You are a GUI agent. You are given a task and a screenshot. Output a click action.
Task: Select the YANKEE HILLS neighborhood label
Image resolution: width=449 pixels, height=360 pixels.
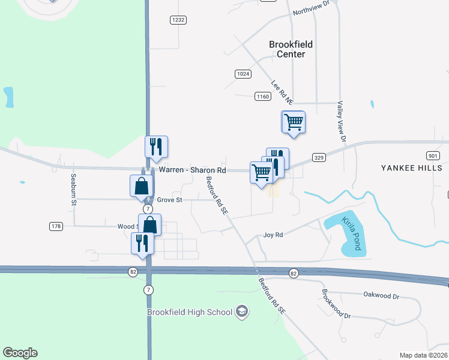coord(411,168)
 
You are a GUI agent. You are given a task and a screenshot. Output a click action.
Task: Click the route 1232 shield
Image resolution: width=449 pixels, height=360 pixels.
coord(178,20)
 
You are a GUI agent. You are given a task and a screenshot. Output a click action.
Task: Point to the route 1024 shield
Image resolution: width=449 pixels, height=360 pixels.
coord(243,73)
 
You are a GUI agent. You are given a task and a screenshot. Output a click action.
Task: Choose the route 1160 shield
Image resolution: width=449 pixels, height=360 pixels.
coord(262,96)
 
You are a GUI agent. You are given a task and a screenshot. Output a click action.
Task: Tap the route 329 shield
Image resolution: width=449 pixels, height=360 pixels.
coord(319,158)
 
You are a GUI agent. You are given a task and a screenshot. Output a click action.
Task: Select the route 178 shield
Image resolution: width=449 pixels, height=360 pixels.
coord(56,226)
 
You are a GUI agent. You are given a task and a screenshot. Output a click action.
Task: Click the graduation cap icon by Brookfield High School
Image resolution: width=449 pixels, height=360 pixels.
coord(241,311)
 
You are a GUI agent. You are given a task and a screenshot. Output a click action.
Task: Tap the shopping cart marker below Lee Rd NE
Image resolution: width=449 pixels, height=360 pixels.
coord(294,122)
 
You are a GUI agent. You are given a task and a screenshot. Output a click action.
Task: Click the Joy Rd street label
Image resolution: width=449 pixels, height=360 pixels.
coord(273,235)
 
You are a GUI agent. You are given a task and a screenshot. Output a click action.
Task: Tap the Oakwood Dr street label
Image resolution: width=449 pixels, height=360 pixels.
coord(381,295)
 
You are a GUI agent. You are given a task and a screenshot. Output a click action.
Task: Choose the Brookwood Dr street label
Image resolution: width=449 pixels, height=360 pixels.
coord(336,304)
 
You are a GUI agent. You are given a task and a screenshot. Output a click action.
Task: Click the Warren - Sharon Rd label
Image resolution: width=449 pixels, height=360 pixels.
coord(192,170)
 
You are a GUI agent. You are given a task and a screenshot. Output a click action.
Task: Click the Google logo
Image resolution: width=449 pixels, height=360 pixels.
coord(20,353)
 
